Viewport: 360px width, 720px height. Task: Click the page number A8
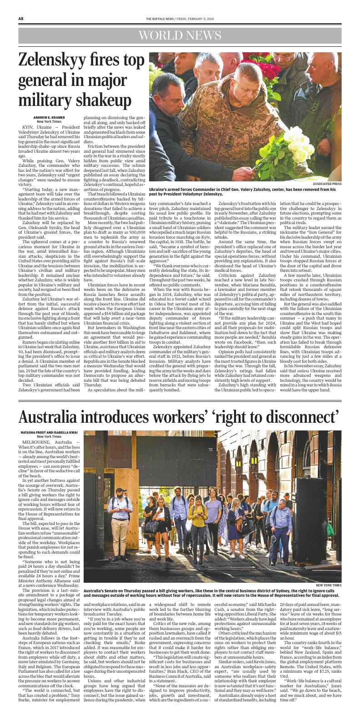[21, 18]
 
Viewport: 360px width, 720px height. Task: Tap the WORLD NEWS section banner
[180, 35]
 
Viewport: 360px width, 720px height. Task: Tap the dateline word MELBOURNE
[37, 441]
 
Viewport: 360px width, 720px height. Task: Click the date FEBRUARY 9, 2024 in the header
[196, 18]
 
